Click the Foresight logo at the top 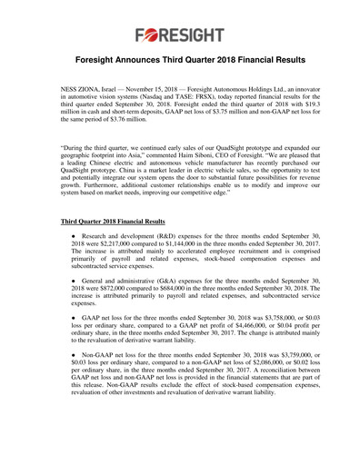(179, 36)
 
